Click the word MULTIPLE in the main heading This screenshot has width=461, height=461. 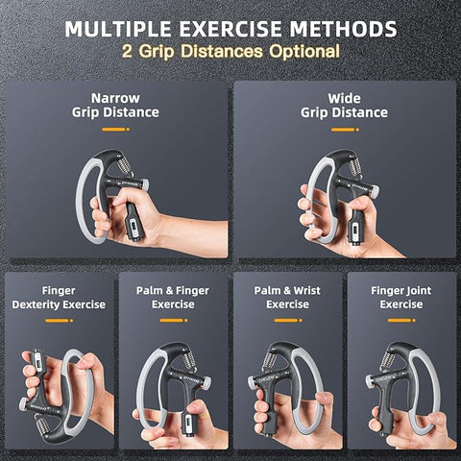tap(118, 29)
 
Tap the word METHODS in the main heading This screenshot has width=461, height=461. tap(343, 29)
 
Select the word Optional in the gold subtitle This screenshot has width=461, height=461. tap(304, 51)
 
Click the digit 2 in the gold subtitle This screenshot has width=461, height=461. tap(127, 51)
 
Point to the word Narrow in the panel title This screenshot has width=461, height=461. tap(115, 98)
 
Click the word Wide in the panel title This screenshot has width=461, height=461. tap(344, 98)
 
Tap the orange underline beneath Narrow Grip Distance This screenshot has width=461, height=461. tap(116, 130)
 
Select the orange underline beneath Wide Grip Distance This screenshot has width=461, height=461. tap(345, 130)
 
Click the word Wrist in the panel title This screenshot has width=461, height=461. tap(306, 290)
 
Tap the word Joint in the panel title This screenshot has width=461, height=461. tap(417, 291)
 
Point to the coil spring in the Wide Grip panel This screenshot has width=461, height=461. tap(354, 166)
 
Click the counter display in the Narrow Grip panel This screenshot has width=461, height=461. tap(133, 227)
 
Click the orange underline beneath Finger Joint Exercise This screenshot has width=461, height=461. tap(401, 320)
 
